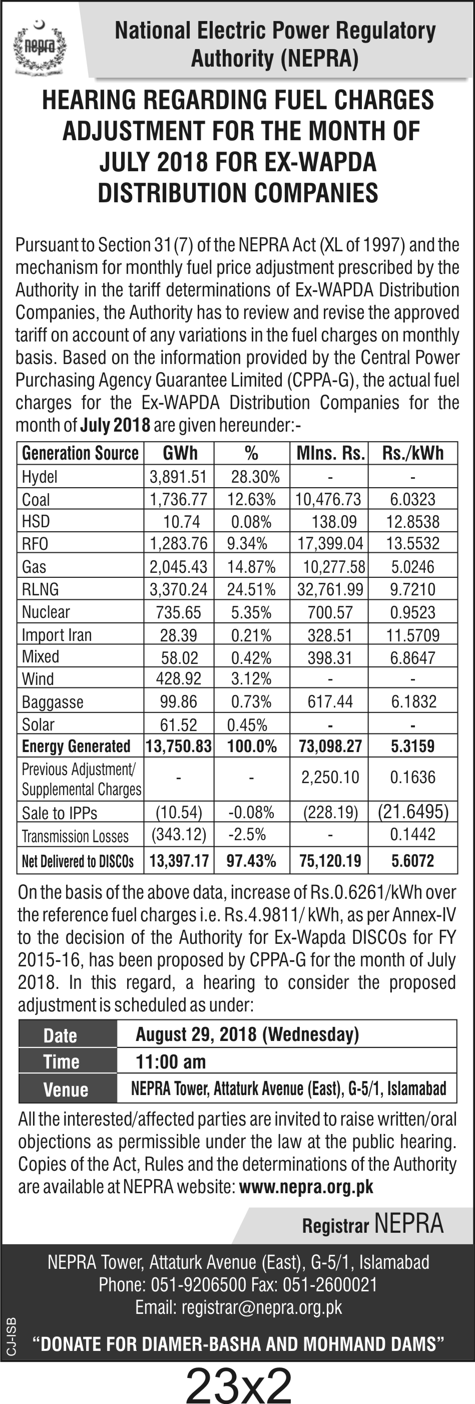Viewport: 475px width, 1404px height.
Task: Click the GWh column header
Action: coord(180,453)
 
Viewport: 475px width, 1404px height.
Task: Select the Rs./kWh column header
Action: coord(413,453)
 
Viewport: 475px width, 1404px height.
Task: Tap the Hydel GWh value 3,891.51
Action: coord(179,477)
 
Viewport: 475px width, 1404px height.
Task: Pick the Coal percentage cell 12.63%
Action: coord(252,499)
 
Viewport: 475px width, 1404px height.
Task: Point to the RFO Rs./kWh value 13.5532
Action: coord(413,543)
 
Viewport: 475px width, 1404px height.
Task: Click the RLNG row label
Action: coord(41,589)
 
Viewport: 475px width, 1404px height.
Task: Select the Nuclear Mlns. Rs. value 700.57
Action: coord(330,612)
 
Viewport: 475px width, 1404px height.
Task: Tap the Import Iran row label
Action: coord(57,635)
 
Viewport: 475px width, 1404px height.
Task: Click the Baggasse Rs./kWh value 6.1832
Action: coord(413,701)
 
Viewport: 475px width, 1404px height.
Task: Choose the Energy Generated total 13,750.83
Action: coord(179,746)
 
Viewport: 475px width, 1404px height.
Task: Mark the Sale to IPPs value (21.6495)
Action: coord(413,812)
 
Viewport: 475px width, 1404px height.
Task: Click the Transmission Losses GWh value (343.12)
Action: coord(179,835)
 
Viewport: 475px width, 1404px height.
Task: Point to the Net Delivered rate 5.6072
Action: coord(413,861)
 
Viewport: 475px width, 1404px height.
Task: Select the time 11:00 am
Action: coord(171,1062)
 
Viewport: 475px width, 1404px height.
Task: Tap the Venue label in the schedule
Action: coord(66,1090)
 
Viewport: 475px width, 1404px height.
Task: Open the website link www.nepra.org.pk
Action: coord(306,1187)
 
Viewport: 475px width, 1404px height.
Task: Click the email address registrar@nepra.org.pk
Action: coord(262,1307)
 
